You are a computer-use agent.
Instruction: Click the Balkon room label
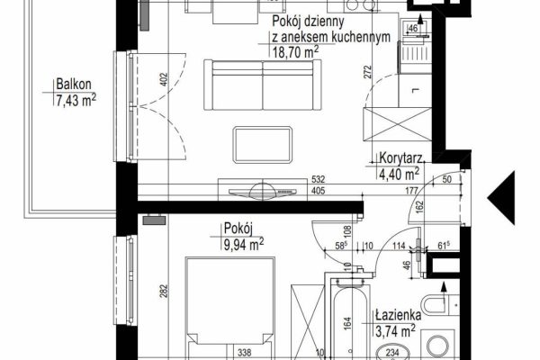[74, 85]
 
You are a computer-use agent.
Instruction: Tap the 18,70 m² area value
[295, 52]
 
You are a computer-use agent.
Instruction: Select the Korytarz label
[400, 158]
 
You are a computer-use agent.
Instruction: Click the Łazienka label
[399, 315]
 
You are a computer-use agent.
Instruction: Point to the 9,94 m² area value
[244, 244]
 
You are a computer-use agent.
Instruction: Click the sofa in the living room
[263, 85]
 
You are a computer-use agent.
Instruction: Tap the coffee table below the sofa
[263, 145]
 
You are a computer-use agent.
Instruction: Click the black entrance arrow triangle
[501, 198]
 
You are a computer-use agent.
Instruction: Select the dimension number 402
[164, 79]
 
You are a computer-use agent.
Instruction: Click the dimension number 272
[368, 72]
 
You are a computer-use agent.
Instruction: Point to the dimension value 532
[318, 179]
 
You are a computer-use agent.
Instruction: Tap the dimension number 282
[164, 291]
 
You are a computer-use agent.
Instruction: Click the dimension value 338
[245, 353]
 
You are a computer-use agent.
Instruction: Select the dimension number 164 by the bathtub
[347, 325]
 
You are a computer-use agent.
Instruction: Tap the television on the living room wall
[263, 192]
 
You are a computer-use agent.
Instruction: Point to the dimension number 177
[412, 191]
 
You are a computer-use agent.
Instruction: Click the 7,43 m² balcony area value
[76, 101]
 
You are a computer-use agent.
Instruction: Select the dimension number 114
[399, 246]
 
